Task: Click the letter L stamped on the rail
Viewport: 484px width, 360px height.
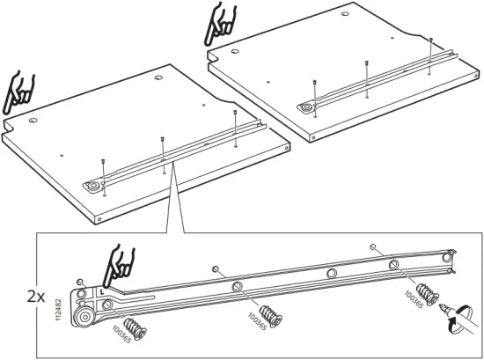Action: tap(104, 288)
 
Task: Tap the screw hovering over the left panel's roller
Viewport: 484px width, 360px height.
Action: tap(103, 161)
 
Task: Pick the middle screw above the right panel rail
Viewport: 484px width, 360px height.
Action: tap(367, 65)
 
